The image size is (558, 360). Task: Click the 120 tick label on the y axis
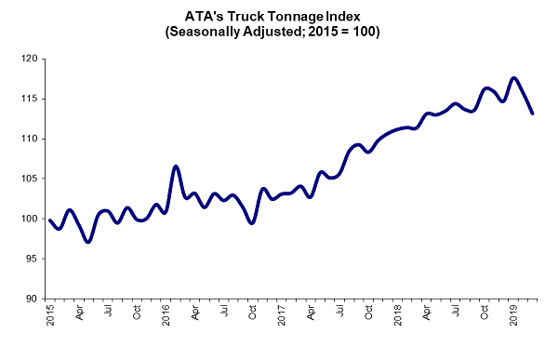click(32, 59)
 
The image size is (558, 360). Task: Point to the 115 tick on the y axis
click(32, 99)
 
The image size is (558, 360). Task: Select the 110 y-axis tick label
click(32, 139)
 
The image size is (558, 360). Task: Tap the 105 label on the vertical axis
click(32, 179)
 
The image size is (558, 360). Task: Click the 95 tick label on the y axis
click(34, 259)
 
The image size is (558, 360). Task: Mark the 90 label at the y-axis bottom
click(34, 299)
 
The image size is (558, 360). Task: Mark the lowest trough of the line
click(87, 242)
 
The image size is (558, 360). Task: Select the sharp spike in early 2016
click(175, 167)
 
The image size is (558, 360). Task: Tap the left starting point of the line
click(49, 220)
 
